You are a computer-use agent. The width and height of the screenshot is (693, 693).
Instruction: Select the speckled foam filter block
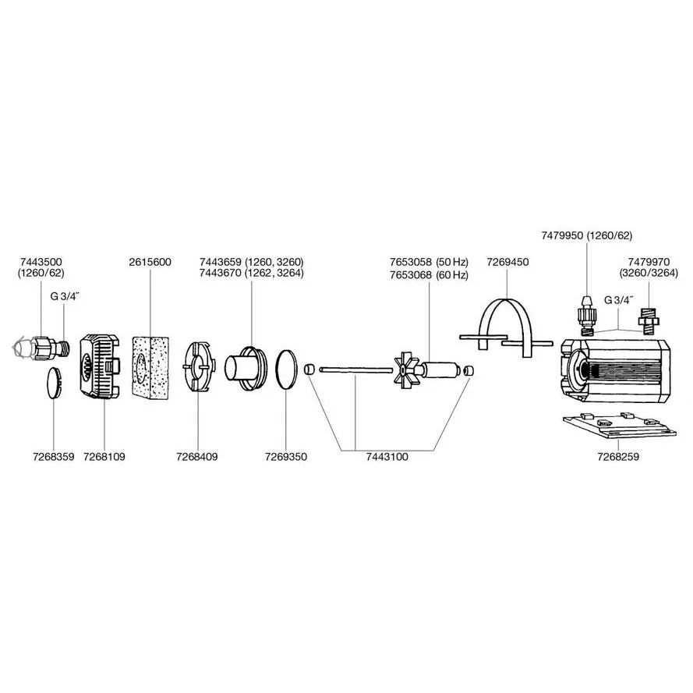(150, 365)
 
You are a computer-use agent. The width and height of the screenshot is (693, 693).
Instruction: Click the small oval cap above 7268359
(52, 382)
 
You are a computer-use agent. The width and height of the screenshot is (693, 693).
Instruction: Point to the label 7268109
(104, 457)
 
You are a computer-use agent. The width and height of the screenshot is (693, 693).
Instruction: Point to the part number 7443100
(387, 457)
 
